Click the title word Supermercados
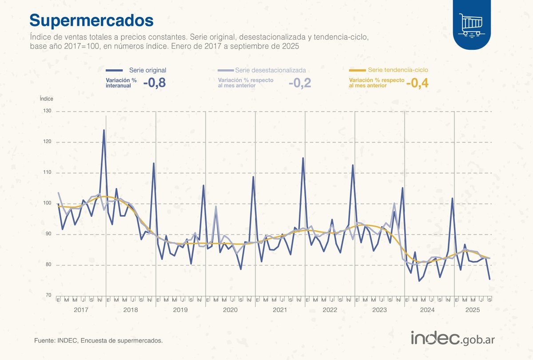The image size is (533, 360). click(x=91, y=20)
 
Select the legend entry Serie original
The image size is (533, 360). click(x=147, y=70)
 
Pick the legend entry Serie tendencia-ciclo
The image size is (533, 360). click(x=398, y=70)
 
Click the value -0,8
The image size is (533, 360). click(x=154, y=83)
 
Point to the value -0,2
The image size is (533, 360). click(x=299, y=83)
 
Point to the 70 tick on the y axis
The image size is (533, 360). click(x=48, y=296)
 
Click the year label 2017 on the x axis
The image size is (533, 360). click(x=81, y=309)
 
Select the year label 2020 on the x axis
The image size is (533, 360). click(x=230, y=309)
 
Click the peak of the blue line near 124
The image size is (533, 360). click(x=104, y=130)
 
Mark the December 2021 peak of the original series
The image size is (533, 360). click(x=303, y=158)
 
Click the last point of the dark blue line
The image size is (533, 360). click(x=489, y=279)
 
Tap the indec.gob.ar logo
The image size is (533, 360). click(x=453, y=339)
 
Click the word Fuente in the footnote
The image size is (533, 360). click(x=44, y=341)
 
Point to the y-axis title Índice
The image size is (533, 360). click(x=47, y=99)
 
